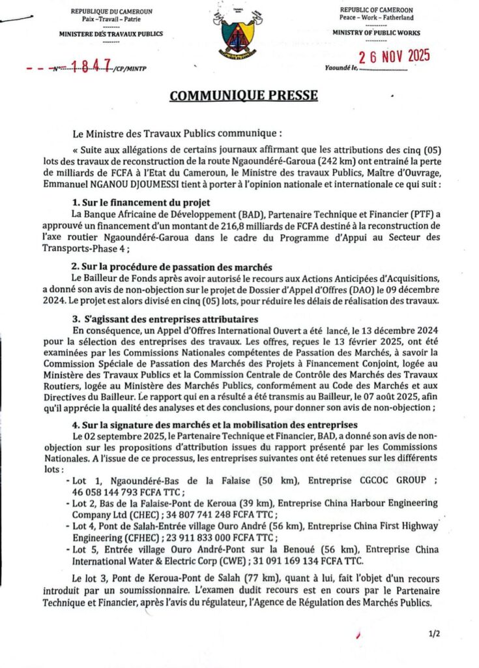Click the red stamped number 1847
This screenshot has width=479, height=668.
point(89,65)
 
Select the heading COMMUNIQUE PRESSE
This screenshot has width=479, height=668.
point(244,96)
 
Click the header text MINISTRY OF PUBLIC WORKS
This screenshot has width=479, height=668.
point(376,32)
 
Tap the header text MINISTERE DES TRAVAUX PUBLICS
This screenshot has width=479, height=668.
point(111,33)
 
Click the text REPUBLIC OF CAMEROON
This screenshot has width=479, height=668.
point(376,10)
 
